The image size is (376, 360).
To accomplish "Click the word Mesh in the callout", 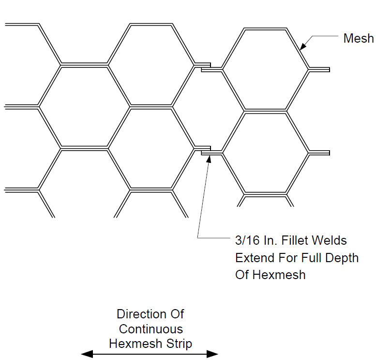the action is (x=359, y=38).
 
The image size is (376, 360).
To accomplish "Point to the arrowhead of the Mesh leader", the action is (x=303, y=47).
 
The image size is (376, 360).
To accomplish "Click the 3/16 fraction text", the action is (x=247, y=240).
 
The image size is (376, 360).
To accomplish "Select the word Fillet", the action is (x=295, y=240).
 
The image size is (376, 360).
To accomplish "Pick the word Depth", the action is (x=342, y=258).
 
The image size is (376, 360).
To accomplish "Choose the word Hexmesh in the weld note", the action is (x=279, y=275).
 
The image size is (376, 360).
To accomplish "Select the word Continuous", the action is (x=151, y=329).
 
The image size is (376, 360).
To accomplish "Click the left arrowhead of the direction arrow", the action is (x=87, y=354).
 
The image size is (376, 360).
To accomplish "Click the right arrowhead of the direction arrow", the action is (x=212, y=354).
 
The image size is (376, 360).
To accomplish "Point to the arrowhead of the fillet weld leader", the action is (x=209, y=159).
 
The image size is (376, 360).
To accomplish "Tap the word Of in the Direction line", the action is (x=177, y=314).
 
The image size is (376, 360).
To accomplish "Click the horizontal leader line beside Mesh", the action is (x=325, y=36).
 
